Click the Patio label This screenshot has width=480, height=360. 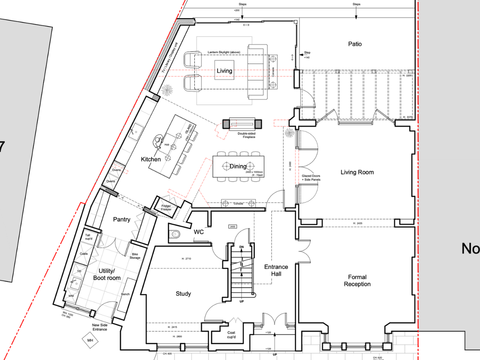tap(355, 44)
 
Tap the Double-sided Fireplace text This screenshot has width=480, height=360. tap(246, 135)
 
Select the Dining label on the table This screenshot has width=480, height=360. tap(238, 166)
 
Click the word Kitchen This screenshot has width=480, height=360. tap(151, 159)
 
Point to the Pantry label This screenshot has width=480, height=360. tap(122, 219)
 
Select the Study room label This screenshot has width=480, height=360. tap(183, 294)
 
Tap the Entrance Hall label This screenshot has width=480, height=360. tap(276, 270)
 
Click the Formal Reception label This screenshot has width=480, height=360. tap(357, 280)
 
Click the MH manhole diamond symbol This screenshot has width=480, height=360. tap(90, 341)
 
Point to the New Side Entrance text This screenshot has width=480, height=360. tap(100, 327)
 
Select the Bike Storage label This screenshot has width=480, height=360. tap(135, 256)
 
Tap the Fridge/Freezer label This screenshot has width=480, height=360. tap(166, 208)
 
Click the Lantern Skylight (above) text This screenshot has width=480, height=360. tap(225, 52)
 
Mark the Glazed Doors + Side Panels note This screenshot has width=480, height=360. tap(311, 178)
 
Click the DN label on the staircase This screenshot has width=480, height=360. tap(242, 247)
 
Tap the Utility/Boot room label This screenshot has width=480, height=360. tap(107, 274)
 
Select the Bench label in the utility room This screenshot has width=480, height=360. tap(125, 294)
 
